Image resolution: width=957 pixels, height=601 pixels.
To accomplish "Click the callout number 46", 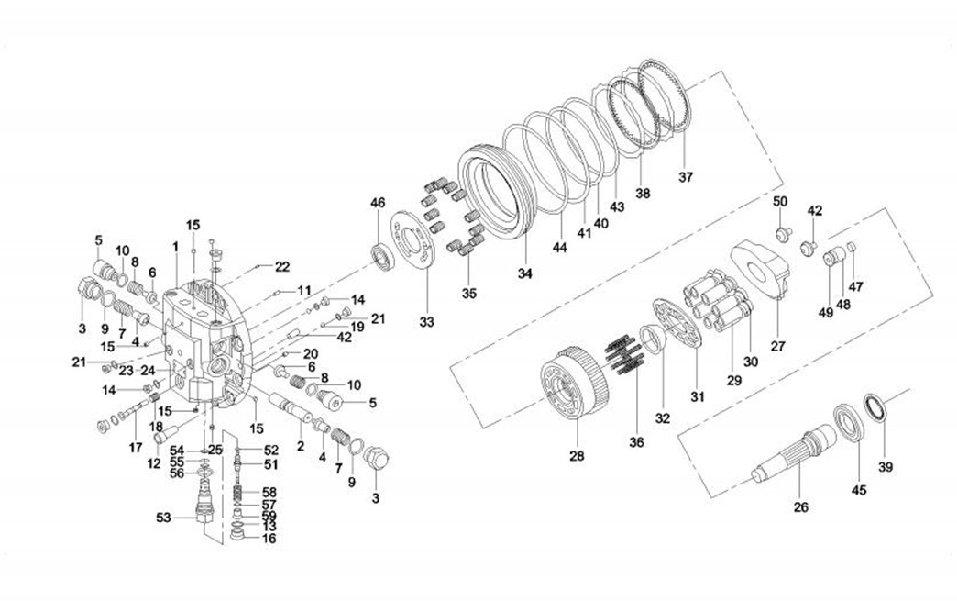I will [x=378, y=202].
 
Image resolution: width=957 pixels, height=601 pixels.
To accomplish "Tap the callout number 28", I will [x=577, y=455].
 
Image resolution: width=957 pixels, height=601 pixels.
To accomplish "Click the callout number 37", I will [x=686, y=176].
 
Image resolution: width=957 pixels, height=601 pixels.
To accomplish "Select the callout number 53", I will [x=163, y=518].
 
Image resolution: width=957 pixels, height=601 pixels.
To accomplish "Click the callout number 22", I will [x=282, y=267].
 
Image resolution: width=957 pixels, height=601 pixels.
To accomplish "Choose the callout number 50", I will [x=780, y=201].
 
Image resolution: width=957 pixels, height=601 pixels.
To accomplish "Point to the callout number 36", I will [x=636, y=442].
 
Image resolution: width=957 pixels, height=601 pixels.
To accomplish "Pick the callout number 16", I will [x=269, y=540].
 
